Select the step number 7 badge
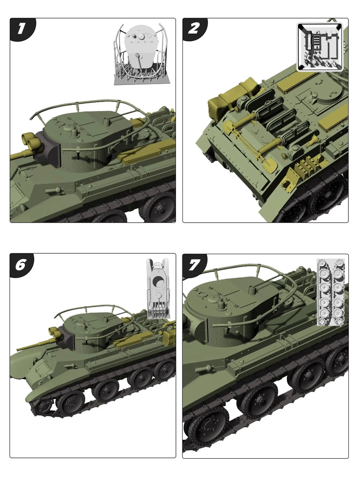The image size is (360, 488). pyautogui.click(x=194, y=264)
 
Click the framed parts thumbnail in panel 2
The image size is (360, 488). pyautogui.click(x=320, y=46)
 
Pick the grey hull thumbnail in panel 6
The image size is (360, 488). pyautogui.click(x=158, y=288)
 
